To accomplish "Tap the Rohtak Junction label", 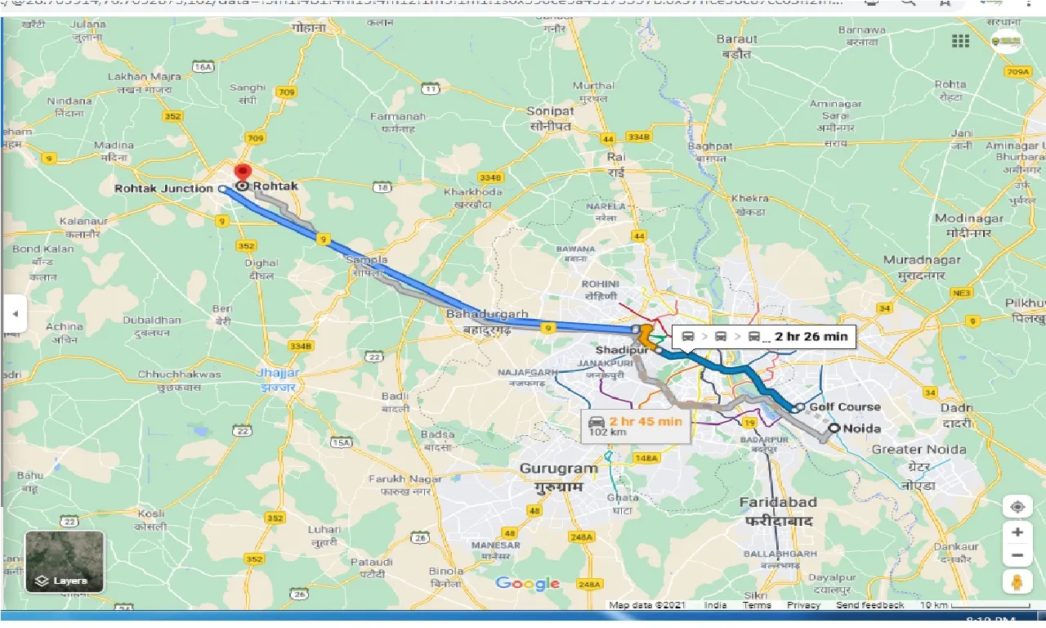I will [x=163, y=188].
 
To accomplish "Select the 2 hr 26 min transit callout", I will [x=763, y=336].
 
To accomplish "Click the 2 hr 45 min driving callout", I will [x=636, y=425].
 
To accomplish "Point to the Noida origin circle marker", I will [x=834, y=428].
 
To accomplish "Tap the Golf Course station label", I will [x=844, y=406].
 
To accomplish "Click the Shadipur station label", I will [x=627, y=350].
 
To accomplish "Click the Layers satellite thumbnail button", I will [x=65, y=562].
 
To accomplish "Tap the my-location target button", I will [x=1017, y=506].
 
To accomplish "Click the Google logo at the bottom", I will [x=528, y=583].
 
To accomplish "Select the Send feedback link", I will [x=870, y=605].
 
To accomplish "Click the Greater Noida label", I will [x=919, y=449].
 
